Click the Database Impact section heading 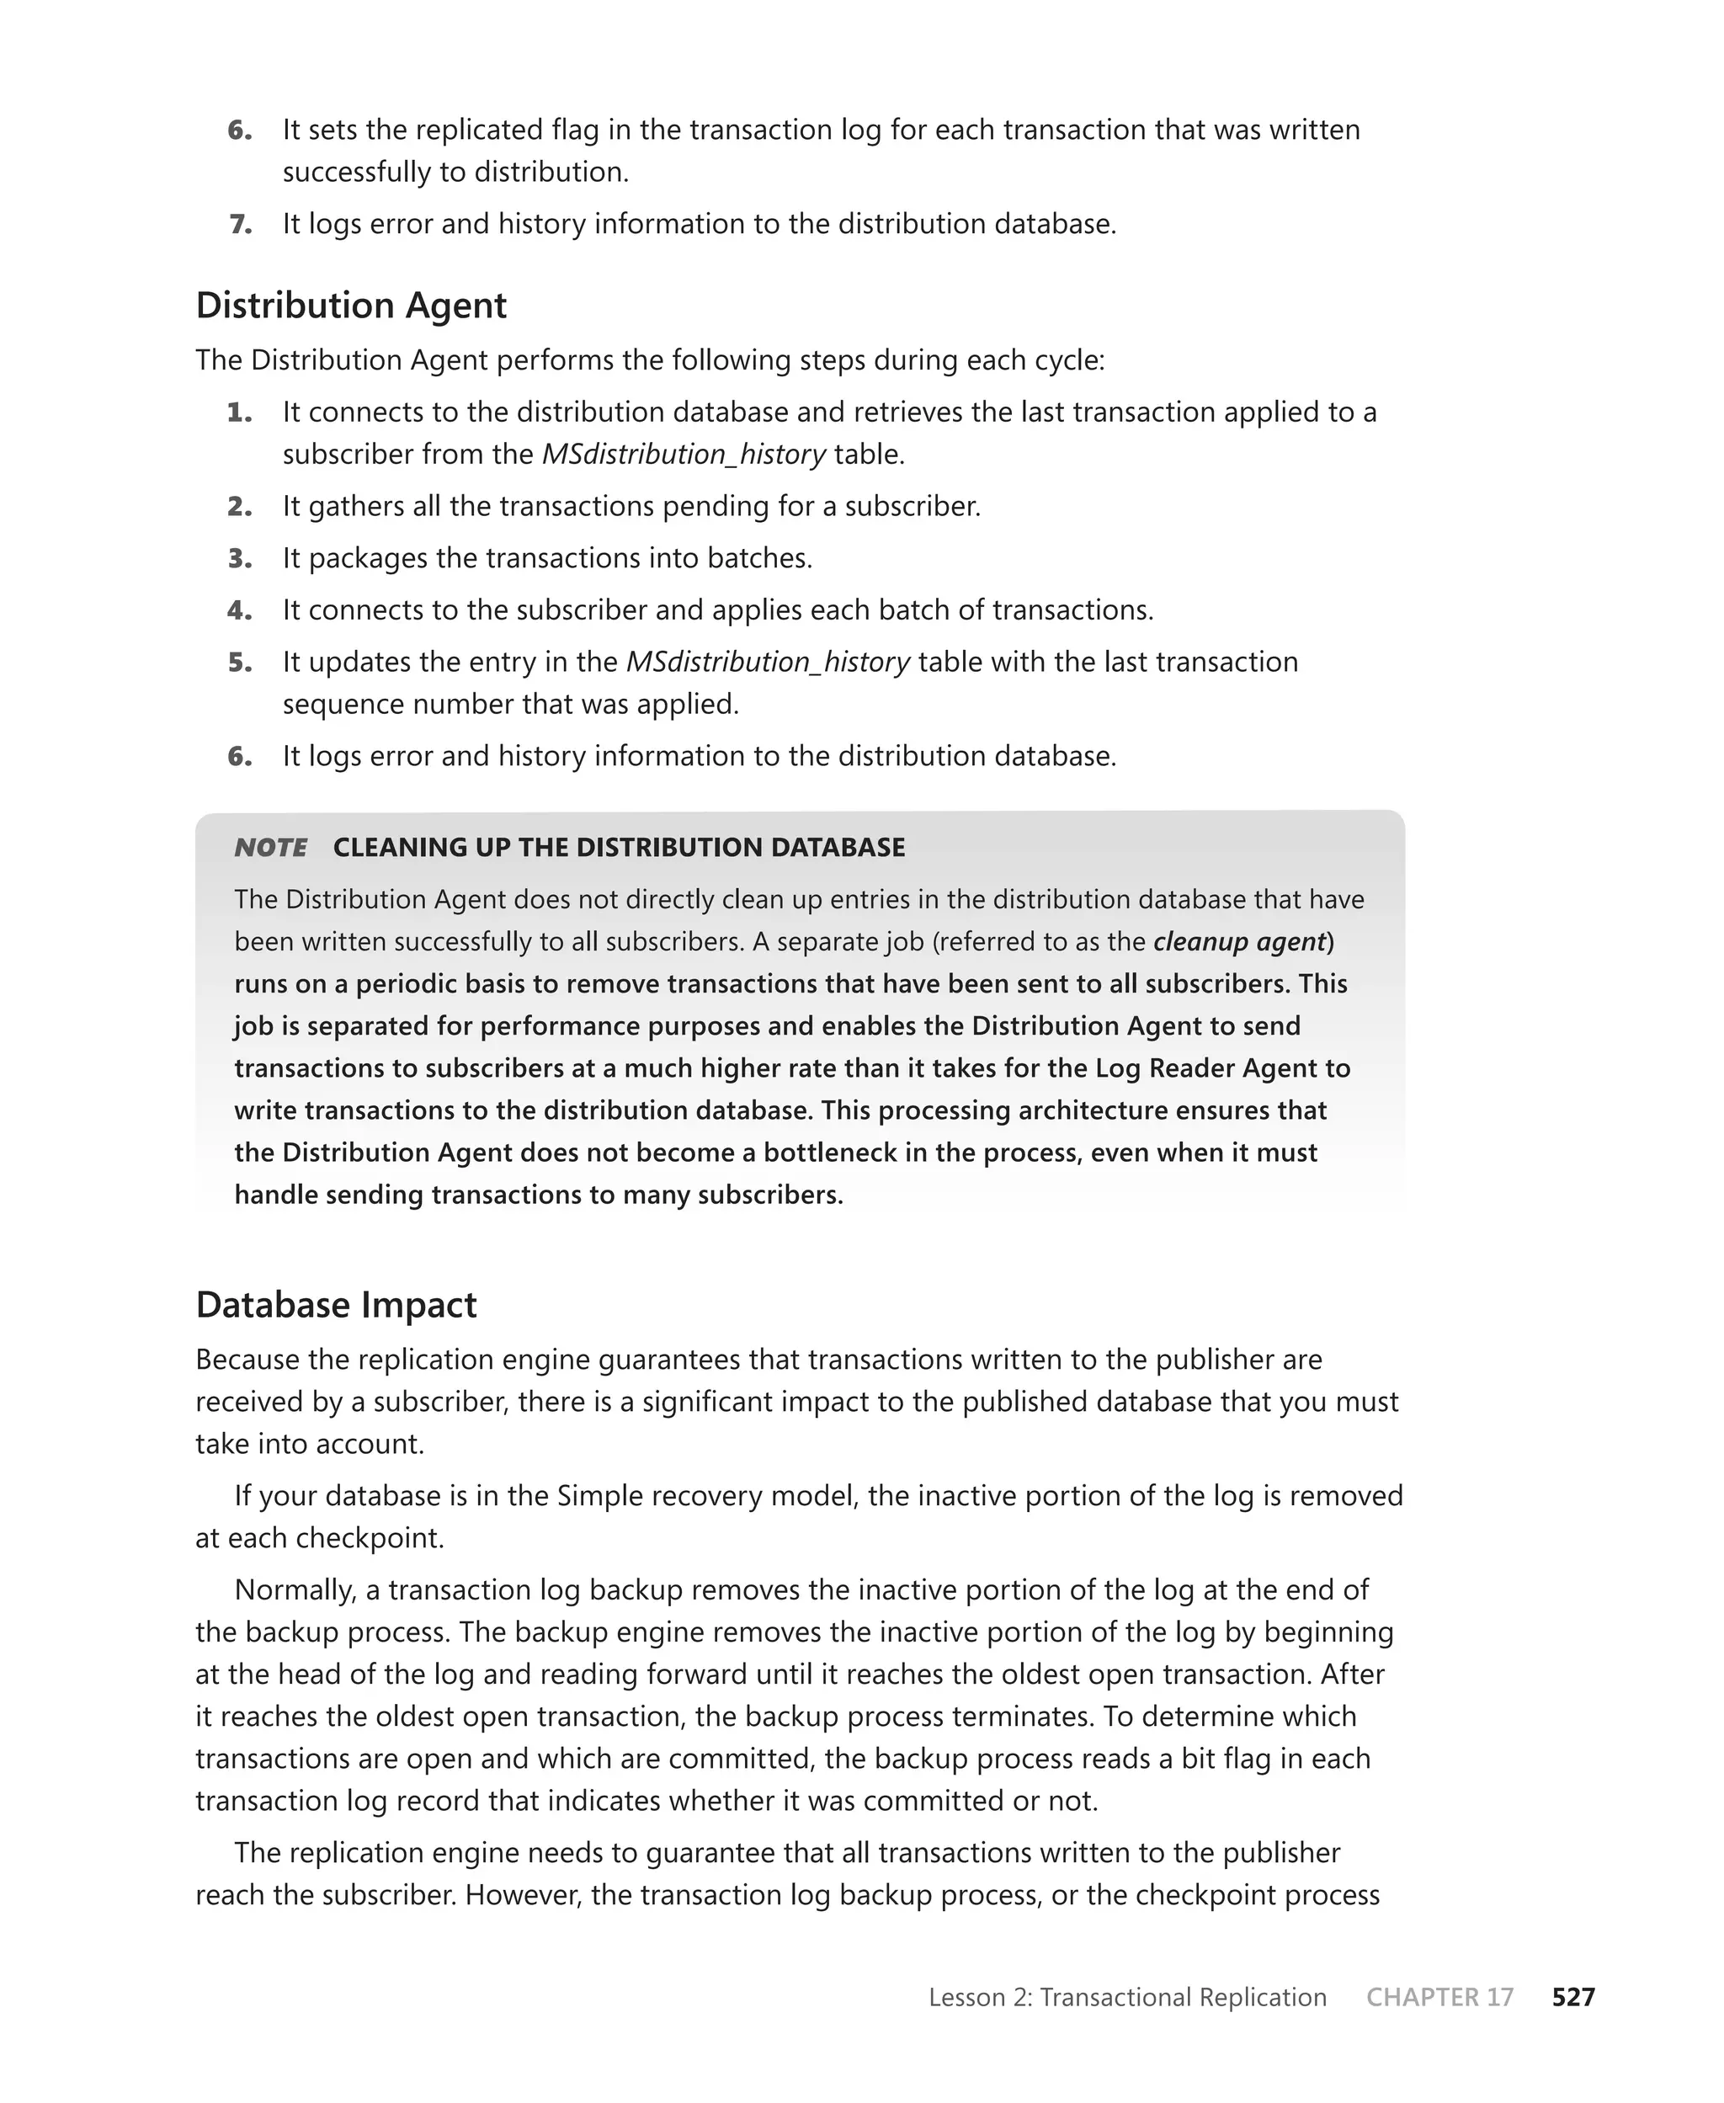point(336,1304)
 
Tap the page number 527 point(1573,1997)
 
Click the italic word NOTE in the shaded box point(270,847)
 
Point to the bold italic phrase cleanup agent point(1239,941)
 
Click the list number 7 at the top point(240,225)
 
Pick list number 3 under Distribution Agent point(239,558)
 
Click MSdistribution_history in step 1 point(684,455)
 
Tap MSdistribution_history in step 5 point(768,663)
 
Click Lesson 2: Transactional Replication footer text point(1127,1997)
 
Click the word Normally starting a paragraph point(295,1589)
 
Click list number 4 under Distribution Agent point(239,610)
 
